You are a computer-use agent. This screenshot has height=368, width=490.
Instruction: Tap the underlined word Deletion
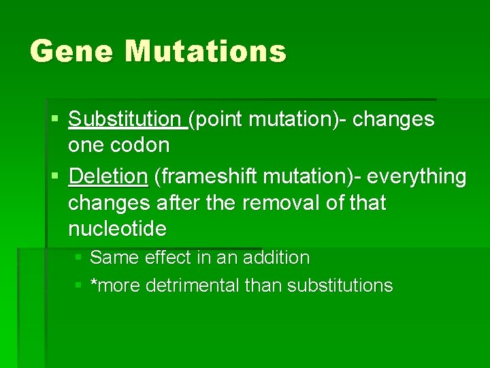click(x=108, y=177)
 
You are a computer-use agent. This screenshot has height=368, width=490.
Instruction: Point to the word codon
click(x=140, y=145)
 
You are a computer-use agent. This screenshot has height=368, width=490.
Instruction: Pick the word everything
click(x=416, y=177)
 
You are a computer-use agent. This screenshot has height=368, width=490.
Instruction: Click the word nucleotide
click(x=117, y=229)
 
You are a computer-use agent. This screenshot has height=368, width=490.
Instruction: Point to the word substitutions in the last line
click(x=340, y=286)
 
